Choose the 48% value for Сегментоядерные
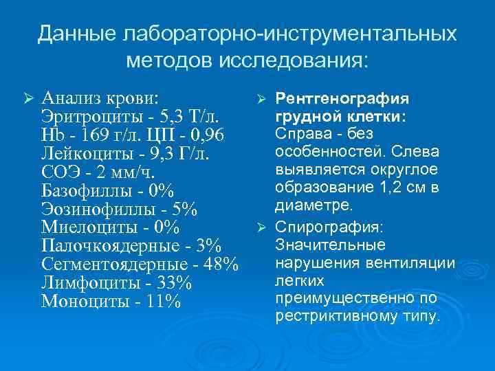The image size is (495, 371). point(221,264)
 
